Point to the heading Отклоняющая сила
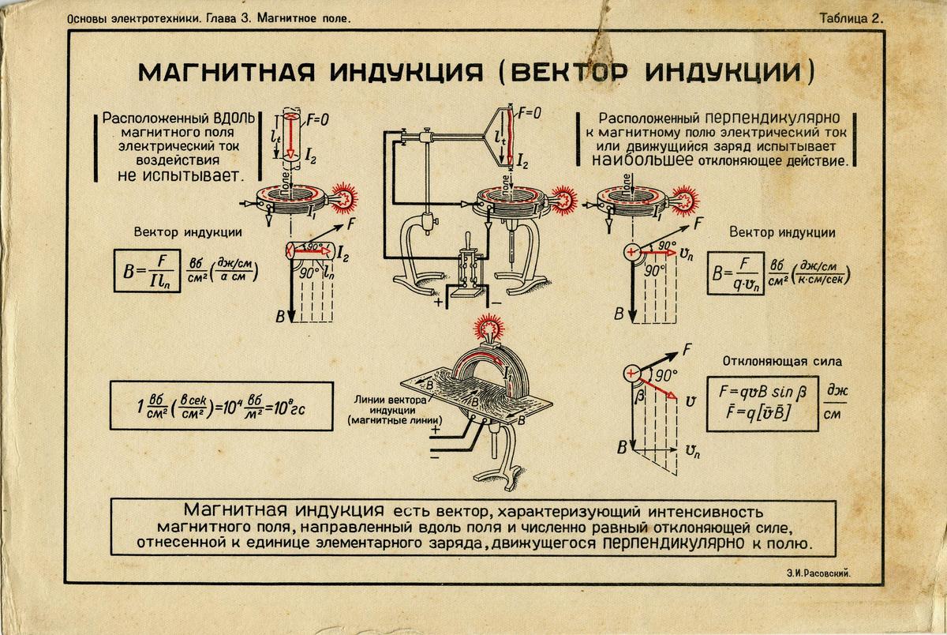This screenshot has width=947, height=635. tap(782, 362)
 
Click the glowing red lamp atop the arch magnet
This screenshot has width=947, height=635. tap(492, 325)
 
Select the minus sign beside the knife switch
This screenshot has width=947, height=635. tap(498, 302)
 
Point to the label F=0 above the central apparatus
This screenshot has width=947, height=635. tap(528, 113)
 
